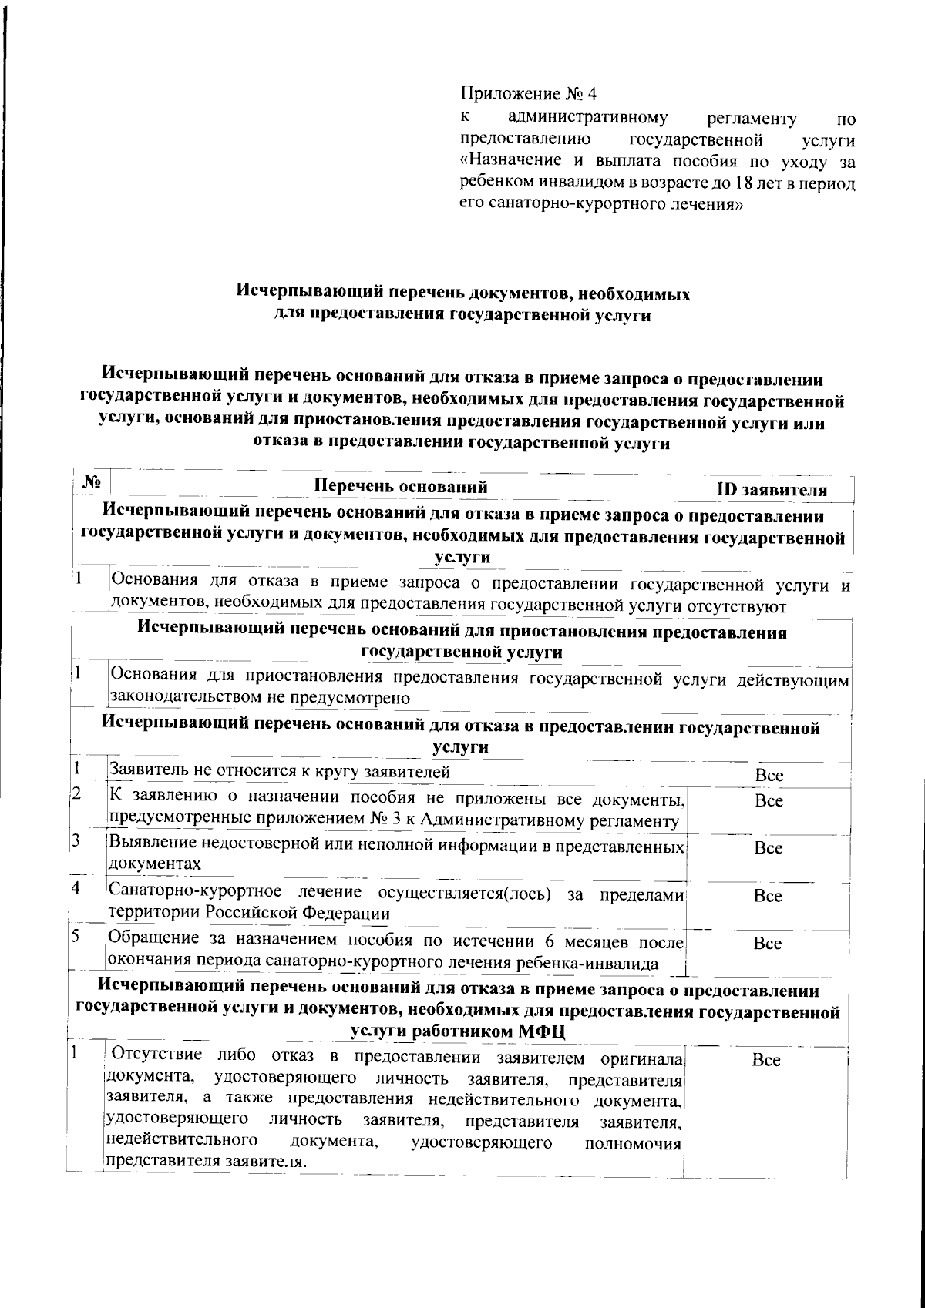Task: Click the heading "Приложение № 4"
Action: [529, 94]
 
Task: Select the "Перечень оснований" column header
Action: [402, 486]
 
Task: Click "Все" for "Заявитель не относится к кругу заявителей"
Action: [769, 776]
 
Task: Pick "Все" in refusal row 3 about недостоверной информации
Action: [769, 848]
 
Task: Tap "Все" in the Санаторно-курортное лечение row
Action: [768, 896]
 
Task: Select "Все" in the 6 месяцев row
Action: [768, 944]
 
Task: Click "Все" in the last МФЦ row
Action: [766, 1061]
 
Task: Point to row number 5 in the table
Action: [76, 937]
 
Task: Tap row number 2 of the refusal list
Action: [76, 793]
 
